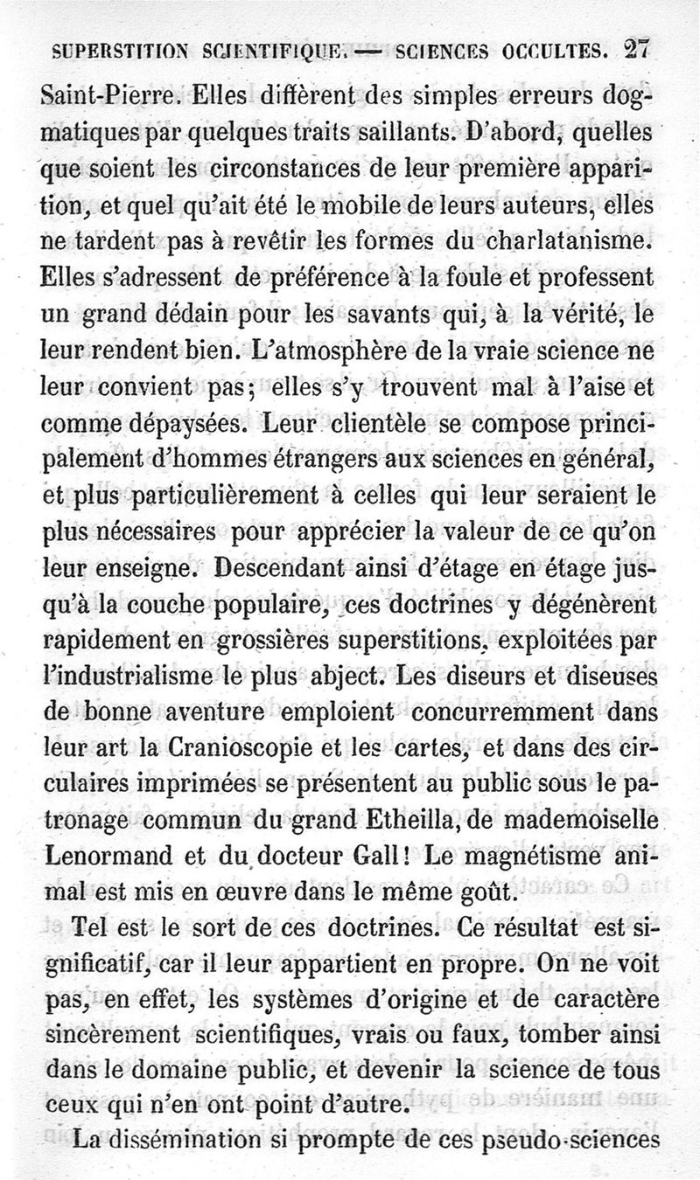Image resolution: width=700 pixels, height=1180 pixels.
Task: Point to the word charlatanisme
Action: pyautogui.click(x=573, y=239)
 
